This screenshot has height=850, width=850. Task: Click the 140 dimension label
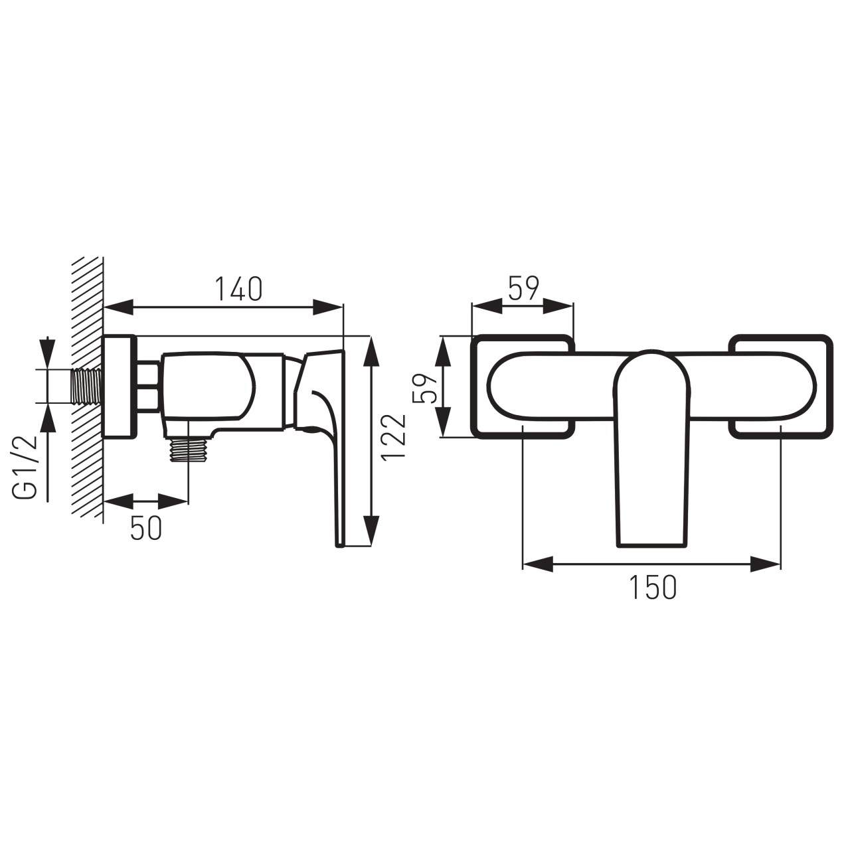pyautogui.click(x=238, y=289)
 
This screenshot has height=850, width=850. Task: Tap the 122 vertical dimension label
pyautogui.click(x=394, y=437)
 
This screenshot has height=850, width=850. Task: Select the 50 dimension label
pyautogui.click(x=147, y=528)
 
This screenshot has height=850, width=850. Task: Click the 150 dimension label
pyautogui.click(x=653, y=588)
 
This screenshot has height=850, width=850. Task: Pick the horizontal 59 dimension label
pyautogui.click(x=523, y=288)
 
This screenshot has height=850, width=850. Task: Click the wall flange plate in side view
pyautogui.click(x=120, y=386)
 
